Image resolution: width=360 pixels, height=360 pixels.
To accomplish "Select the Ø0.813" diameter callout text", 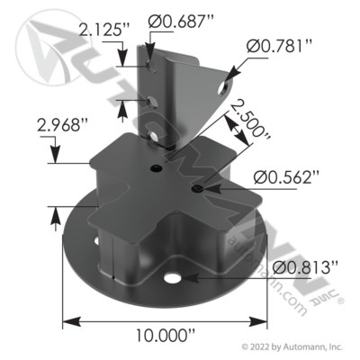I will point(306,265).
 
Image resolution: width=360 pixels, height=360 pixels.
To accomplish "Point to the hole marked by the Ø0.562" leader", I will point(196,190).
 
